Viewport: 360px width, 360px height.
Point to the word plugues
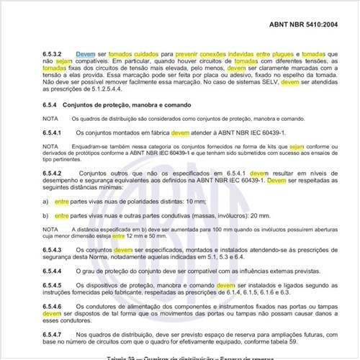(x=270, y=54)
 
